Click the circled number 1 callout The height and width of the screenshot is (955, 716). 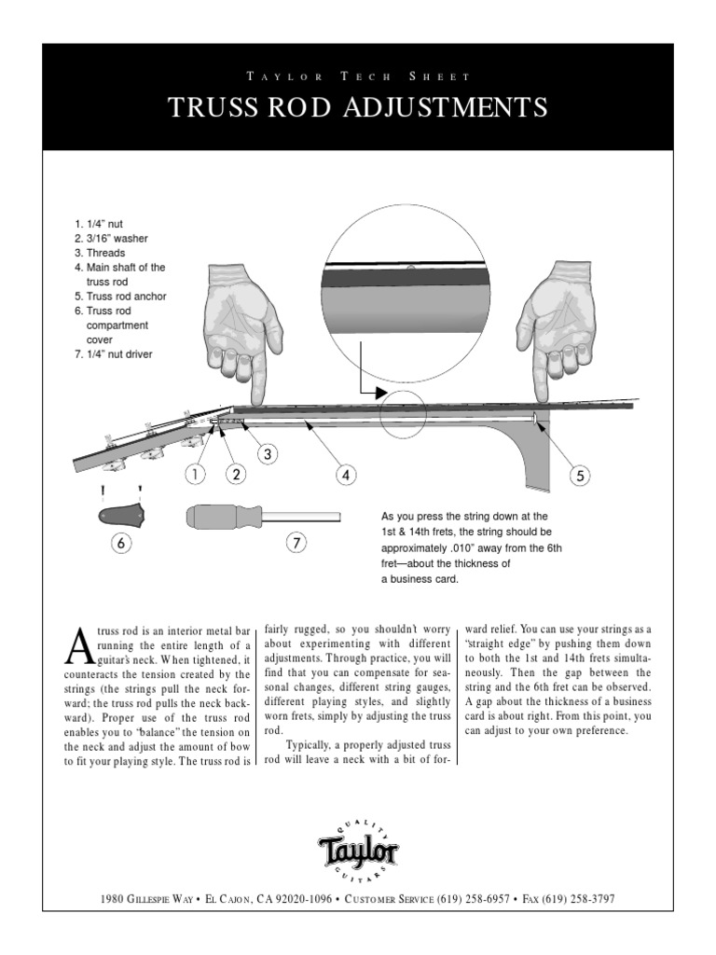coord(195,474)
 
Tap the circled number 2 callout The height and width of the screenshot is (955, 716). coord(237,474)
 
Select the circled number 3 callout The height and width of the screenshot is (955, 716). coord(268,454)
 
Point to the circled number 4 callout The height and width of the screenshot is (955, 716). coord(346,475)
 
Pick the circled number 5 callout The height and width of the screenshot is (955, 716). coord(580,476)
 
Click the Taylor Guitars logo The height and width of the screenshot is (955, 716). coord(358,850)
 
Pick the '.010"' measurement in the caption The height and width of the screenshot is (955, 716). coord(463,548)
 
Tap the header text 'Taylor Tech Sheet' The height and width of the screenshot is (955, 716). coord(358,76)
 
